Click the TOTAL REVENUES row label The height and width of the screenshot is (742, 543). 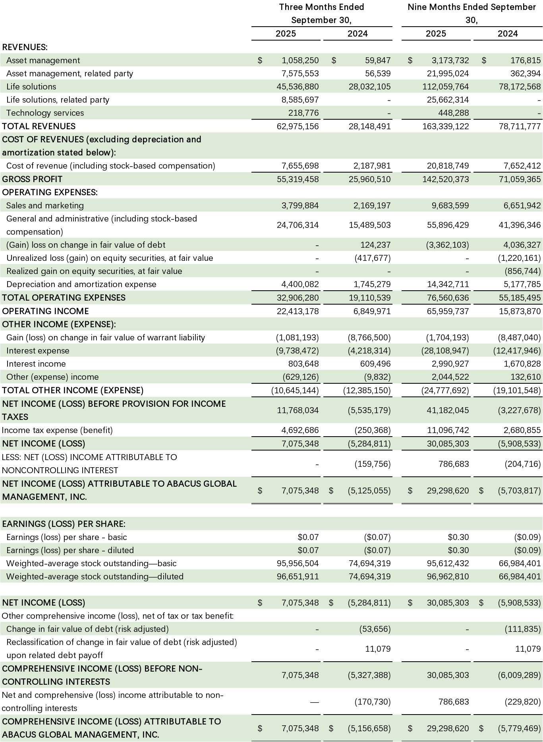click(39, 126)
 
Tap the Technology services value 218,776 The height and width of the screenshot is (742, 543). click(303, 113)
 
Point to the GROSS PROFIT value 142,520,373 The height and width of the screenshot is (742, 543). click(446, 179)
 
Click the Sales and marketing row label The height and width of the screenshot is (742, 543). click(45, 206)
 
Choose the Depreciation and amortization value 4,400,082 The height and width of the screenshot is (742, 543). click(300, 284)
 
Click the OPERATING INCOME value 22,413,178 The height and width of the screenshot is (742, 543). click(298, 311)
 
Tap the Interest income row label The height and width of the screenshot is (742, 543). click(36, 364)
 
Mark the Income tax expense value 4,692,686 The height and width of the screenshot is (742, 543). click(300, 430)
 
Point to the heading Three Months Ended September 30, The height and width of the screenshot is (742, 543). click(321, 14)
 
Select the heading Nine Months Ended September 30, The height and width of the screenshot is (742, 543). click(472, 14)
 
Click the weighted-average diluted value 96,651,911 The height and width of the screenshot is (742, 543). click(298, 577)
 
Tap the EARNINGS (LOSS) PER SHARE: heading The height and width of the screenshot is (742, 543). click(64, 524)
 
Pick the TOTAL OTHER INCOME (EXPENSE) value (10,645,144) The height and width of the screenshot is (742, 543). click(295, 390)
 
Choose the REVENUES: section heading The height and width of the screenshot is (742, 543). click(25, 47)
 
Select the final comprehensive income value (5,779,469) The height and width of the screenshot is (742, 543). click(519, 728)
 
